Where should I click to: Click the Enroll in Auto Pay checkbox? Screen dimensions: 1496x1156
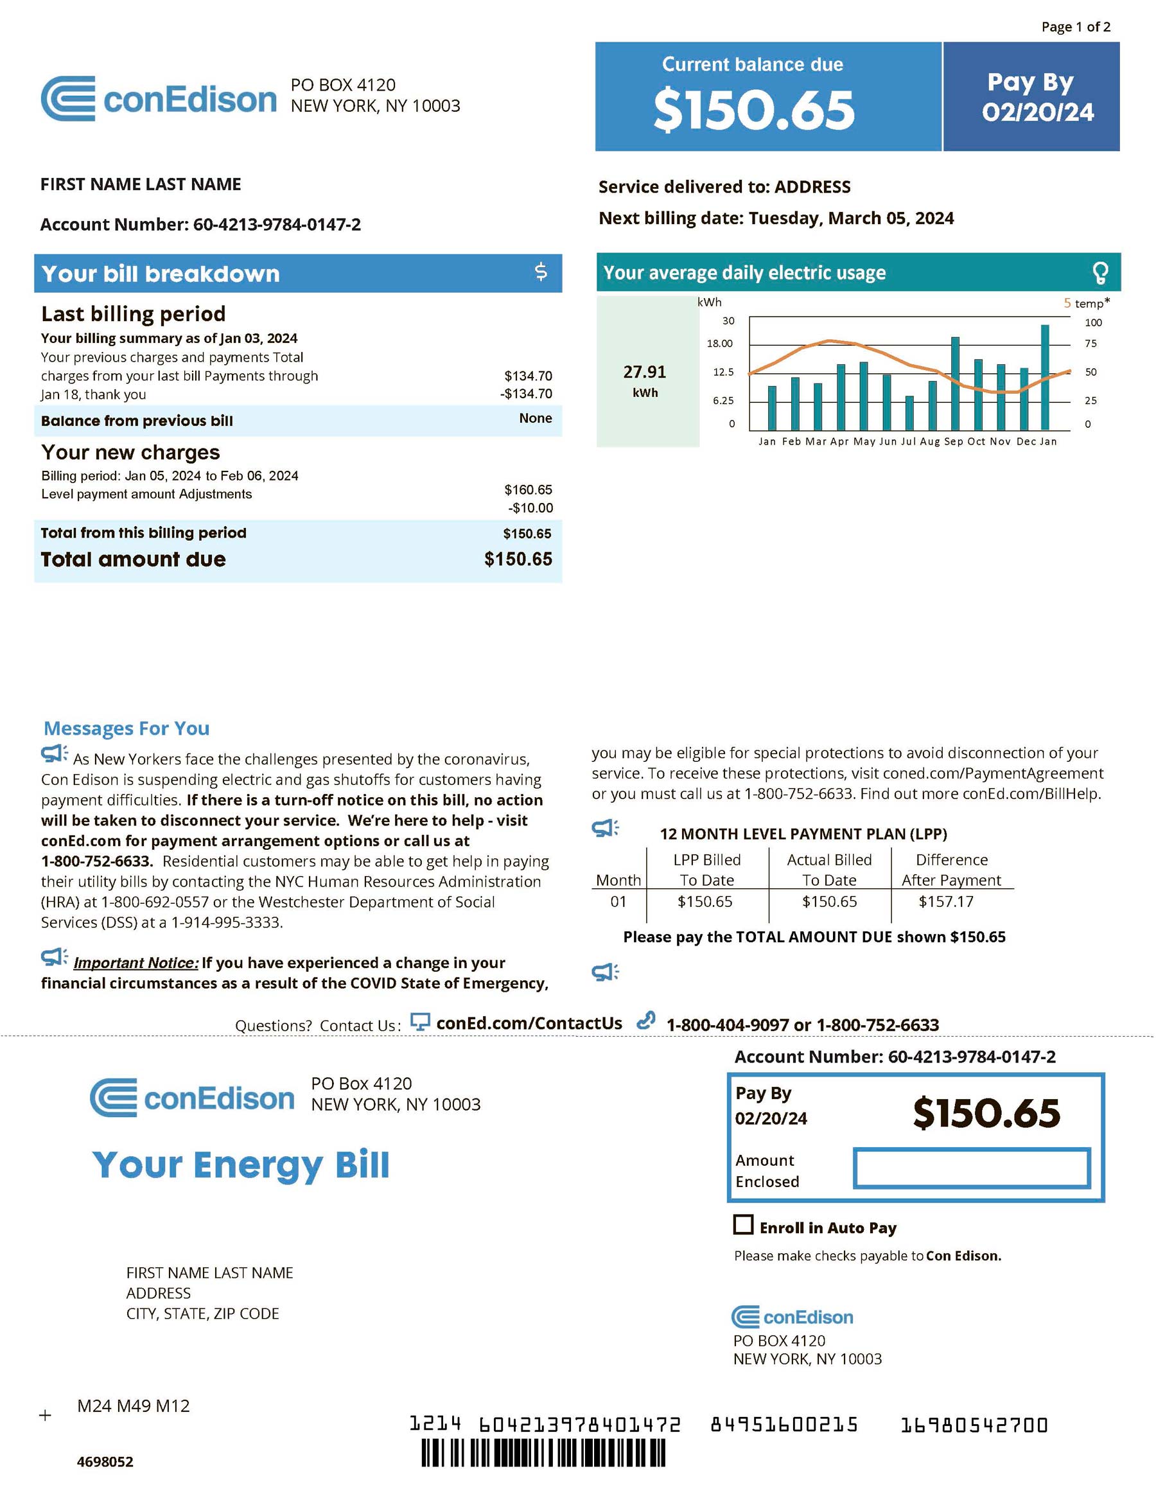pos(743,1225)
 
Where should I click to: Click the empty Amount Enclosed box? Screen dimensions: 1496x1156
pos(971,1168)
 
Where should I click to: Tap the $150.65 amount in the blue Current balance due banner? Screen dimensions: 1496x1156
pos(754,110)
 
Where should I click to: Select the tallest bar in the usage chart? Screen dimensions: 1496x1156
pos(1045,378)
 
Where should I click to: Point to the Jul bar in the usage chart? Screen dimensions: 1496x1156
pos(909,412)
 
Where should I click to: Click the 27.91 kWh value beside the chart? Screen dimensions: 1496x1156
pos(644,372)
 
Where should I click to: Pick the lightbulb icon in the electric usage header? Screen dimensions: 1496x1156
pos(1100,272)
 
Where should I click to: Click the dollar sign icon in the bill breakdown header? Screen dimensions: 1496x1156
pos(541,272)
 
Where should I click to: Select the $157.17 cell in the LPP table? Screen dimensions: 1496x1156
pos(946,901)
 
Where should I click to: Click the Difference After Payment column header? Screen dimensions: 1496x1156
pos(951,870)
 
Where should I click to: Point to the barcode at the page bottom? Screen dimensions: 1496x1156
pos(543,1453)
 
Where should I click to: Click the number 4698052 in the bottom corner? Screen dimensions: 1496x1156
pos(105,1462)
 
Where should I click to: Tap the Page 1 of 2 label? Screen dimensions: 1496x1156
pos(1075,27)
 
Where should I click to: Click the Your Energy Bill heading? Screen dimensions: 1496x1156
pos(241,1165)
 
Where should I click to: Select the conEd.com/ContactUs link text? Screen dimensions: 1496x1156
pos(529,1023)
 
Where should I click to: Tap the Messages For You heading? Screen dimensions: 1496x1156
pos(127,728)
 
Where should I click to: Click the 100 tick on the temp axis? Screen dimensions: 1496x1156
pos(1093,322)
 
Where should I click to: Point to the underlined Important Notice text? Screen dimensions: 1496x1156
pos(136,963)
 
